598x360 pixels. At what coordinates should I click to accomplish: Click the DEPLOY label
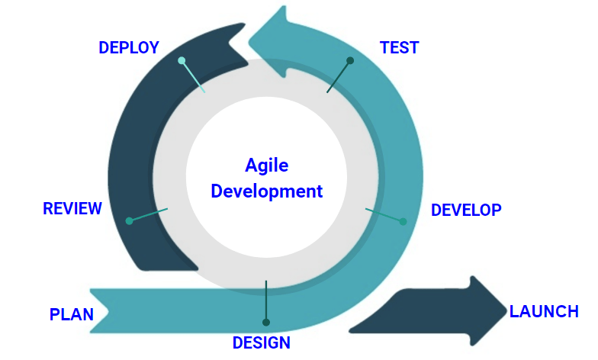pyautogui.click(x=128, y=47)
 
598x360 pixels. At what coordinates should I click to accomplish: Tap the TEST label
pyautogui.click(x=399, y=47)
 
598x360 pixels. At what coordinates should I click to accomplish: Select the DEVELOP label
pyautogui.click(x=466, y=210)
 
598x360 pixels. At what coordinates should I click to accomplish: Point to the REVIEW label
pyautogui.click(x=72, y=209)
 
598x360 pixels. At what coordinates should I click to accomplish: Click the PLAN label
pyautogui.click(x=72, y=314)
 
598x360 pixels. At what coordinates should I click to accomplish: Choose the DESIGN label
pyautogui.click(x=262, y=342)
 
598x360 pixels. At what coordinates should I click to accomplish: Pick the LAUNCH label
pyautogui.click(x=544, y=311)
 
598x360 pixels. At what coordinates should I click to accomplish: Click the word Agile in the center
pyautogui.click(x=267, y=166)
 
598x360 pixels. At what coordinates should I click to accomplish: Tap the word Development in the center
pyautogui.click(x=267, y=191)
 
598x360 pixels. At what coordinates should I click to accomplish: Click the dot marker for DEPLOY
pyautogui.click(x=182, y=60)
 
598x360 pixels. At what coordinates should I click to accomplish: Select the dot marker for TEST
pyautogui.click(x=350, y=60)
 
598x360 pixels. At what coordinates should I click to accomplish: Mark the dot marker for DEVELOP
pyautogui.click(x=403, y=221)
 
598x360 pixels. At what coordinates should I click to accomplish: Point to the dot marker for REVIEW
pyautogui.click(x=130, y=221)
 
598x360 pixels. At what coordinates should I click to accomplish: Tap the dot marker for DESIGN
pyautogui.click(x=266, y=322)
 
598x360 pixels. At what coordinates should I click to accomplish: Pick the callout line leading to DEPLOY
pyautogui.click(x=194, y=77)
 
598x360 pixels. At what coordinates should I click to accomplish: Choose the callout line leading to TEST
pyautogui.click(x=339, y=77)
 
